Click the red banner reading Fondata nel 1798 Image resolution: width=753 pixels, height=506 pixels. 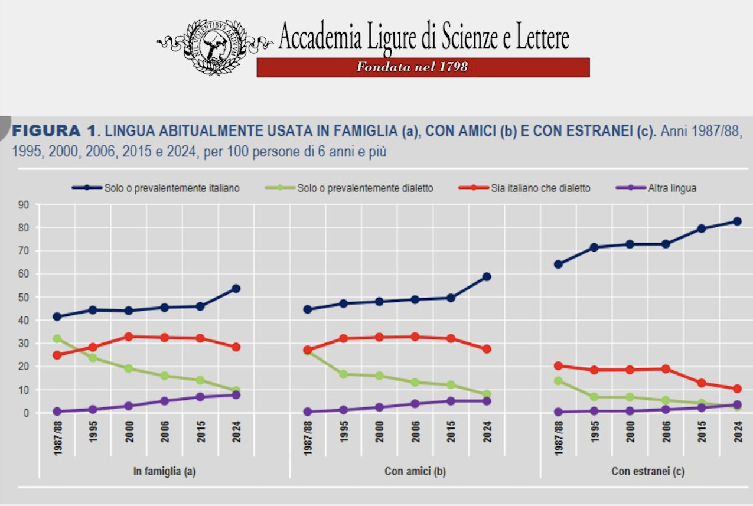pos(423,67)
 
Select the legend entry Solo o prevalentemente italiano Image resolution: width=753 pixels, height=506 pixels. pos(172,188)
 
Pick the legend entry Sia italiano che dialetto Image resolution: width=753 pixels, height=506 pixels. pos(540,188)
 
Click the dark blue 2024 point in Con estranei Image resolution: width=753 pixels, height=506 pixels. pos(737,221)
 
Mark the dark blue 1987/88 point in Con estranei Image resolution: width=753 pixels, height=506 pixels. pos(558,264)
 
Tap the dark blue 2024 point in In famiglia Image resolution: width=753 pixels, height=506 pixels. pos(236,289)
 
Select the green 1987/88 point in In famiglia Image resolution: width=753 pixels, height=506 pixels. pos(57,339)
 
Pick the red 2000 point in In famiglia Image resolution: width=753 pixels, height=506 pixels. pos(129,337)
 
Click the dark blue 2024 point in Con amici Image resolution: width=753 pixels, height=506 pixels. pos(487,277)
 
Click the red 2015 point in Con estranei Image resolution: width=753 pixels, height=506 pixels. pos(702,383)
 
